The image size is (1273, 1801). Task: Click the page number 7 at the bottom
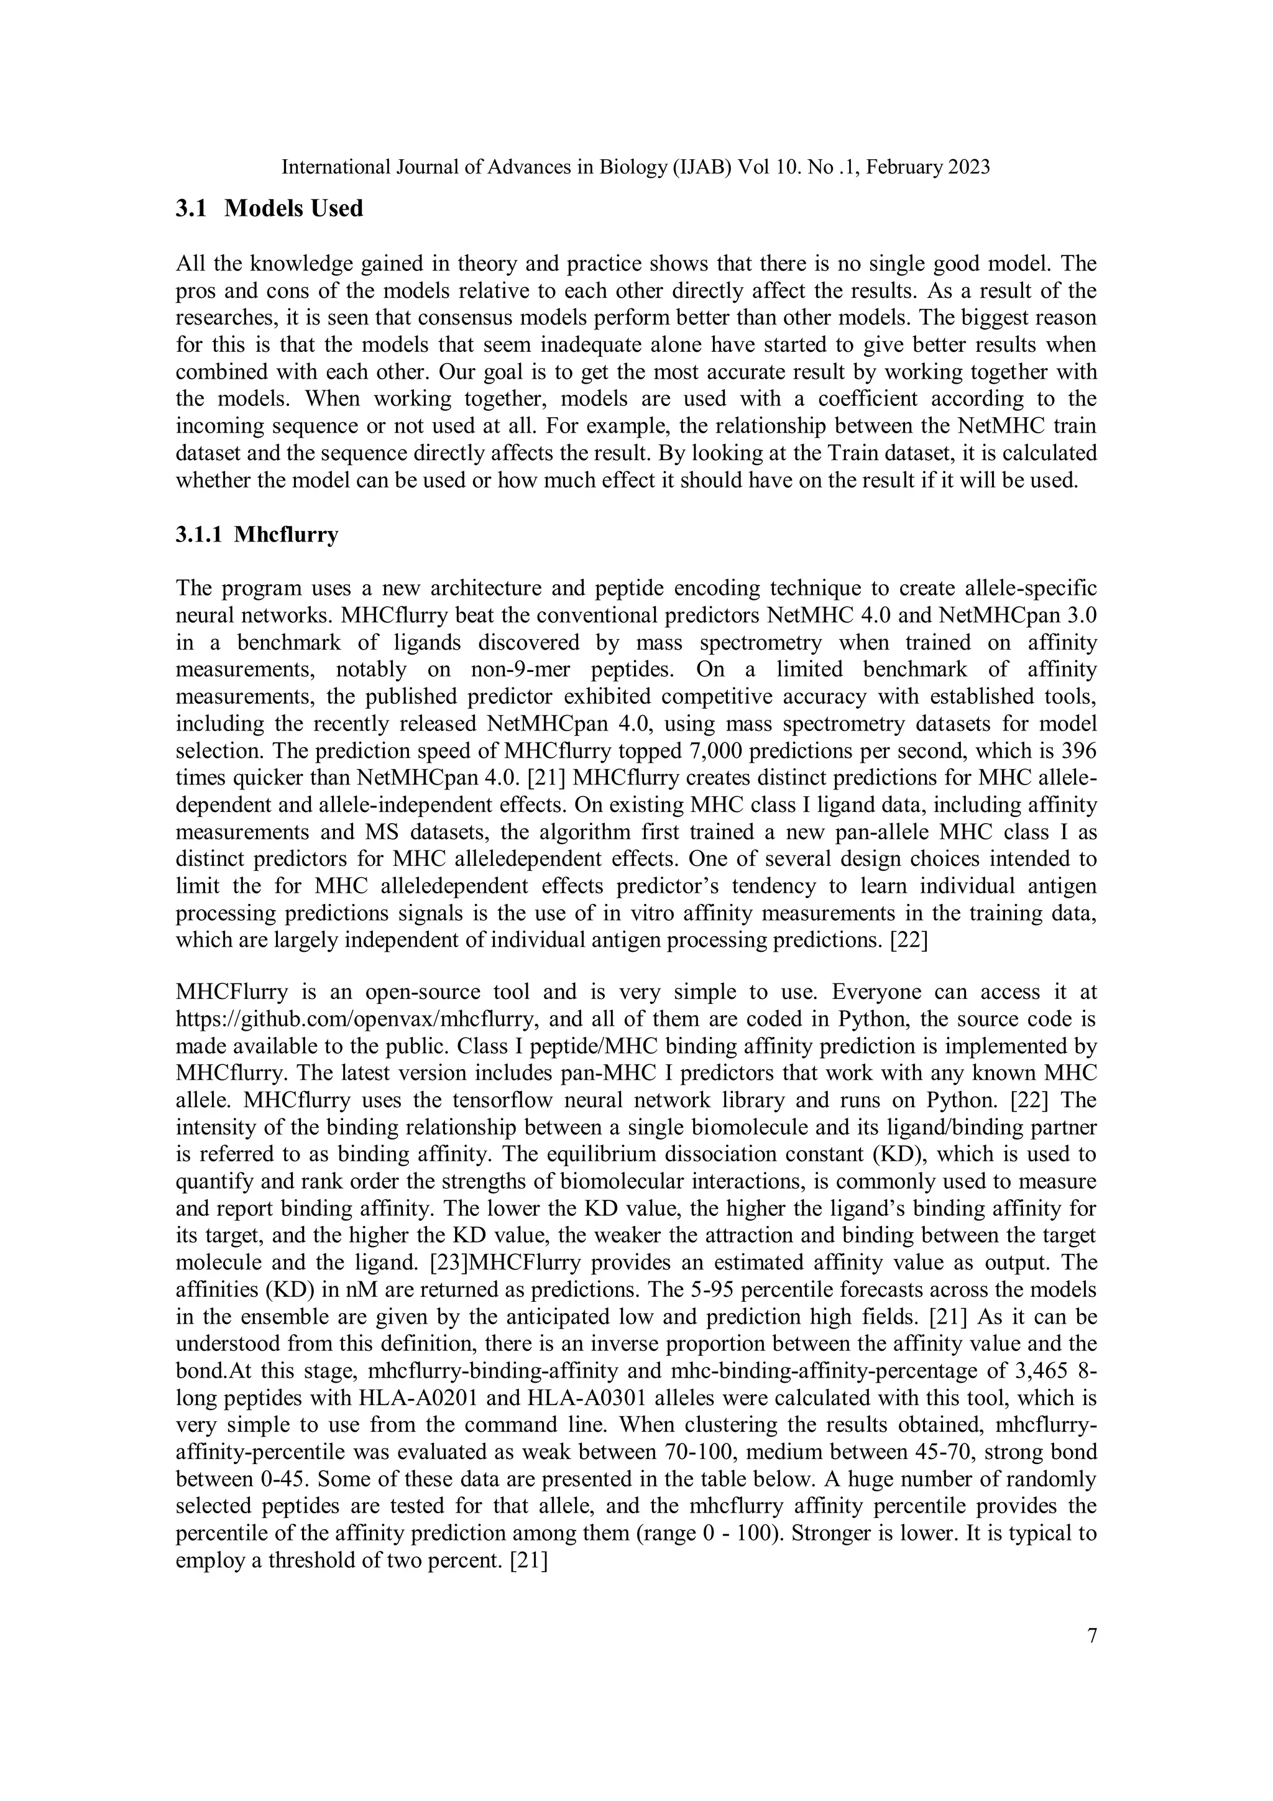(1092, 1636)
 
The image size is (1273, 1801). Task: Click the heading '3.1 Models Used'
(269, 209)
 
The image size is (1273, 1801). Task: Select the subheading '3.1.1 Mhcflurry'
(257, 535)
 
